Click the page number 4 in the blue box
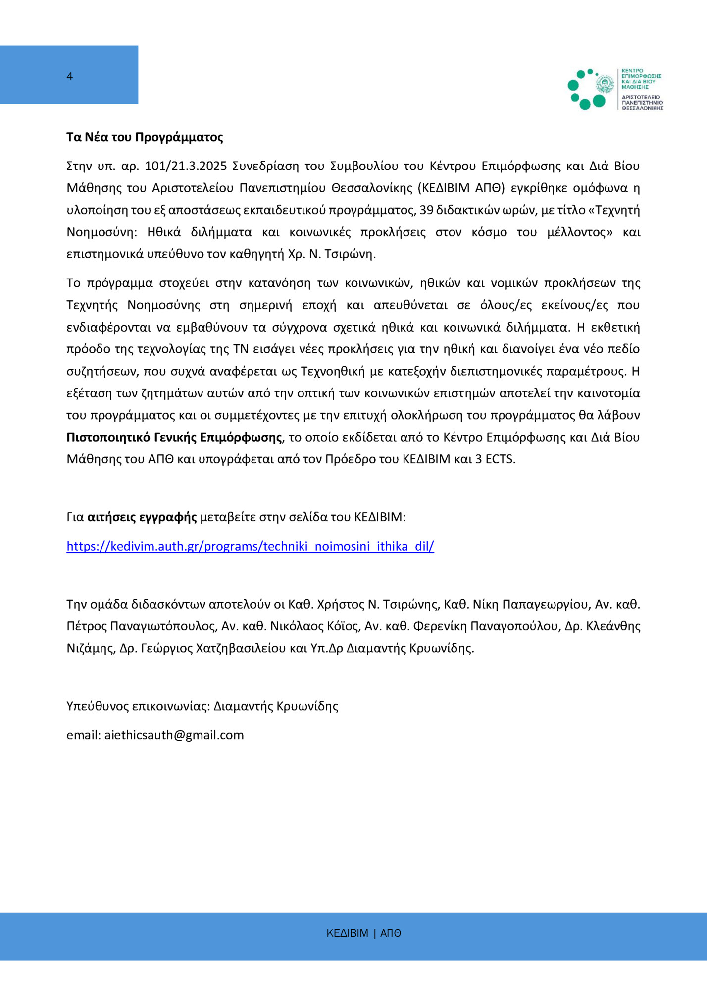point(70,76)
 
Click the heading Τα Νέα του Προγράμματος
point(145,137)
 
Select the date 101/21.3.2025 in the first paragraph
point(186,166)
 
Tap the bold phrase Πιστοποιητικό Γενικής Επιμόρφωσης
point(174,437)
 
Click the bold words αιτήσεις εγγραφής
point(142,517)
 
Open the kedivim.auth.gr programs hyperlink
point(250,546)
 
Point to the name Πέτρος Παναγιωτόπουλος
point(142,626)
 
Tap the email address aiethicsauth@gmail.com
point(174,735)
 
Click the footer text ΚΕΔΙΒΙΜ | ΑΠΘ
point(364,933)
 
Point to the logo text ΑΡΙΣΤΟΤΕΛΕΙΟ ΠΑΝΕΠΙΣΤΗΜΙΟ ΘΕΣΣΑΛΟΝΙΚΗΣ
point(642,102)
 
